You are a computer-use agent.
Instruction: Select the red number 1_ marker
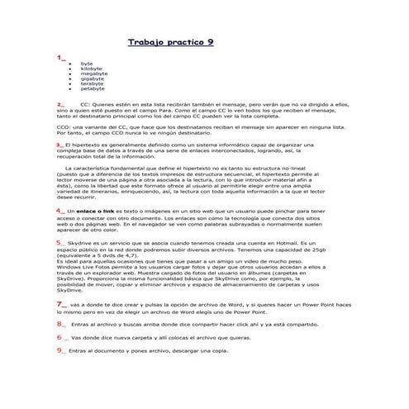(60, 59)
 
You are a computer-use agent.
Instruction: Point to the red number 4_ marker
(60, 211)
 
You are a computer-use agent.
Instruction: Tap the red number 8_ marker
(61, 324)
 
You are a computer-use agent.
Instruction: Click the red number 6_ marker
(60, 336)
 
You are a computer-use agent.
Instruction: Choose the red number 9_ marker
(60, 350)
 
